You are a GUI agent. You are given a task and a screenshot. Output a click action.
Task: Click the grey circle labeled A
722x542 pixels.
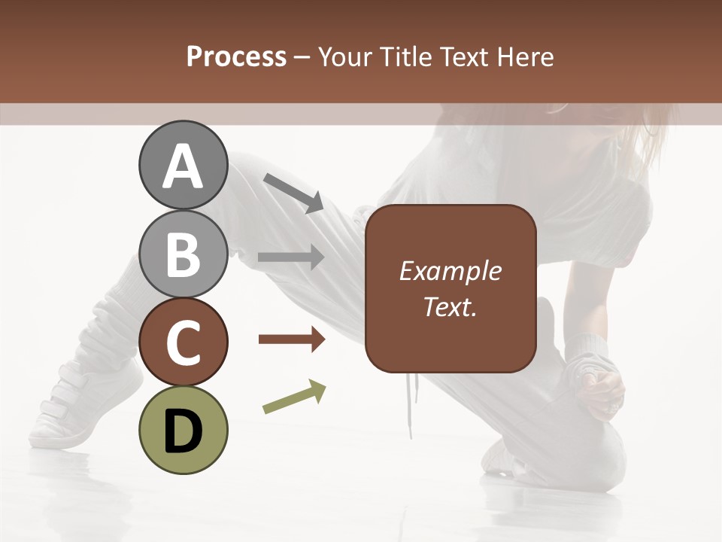coord(183,165)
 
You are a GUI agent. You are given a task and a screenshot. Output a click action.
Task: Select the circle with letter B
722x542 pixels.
coord(183,254)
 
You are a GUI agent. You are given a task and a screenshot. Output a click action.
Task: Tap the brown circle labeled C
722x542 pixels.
coord(183,342)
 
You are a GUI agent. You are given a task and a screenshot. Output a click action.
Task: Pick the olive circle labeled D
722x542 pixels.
coord(183,430)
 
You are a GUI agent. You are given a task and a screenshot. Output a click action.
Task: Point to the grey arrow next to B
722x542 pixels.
coord(292,257)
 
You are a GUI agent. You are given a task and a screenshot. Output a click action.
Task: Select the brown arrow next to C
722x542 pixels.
coord(292,340)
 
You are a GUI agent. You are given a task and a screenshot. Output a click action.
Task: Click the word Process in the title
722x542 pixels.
coord(236,57)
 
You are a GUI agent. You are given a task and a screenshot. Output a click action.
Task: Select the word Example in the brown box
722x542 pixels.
coord(450,271)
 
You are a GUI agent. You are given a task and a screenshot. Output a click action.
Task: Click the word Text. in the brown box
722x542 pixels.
coord(450,306)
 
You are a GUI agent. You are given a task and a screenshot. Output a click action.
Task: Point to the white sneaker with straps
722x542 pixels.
coord(83,406)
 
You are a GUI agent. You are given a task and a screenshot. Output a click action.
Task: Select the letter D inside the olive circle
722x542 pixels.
coord(183,431)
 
